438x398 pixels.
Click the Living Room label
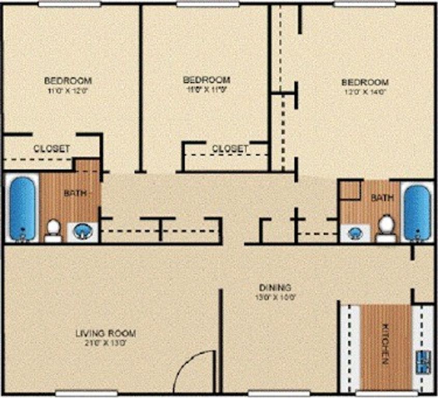(x=106, y=333)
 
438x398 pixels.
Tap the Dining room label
(x=275, y=287)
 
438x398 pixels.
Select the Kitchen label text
(x=385, y=343)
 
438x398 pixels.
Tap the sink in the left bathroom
(x=81, y=231)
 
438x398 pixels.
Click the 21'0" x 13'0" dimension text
(x=106, y=343)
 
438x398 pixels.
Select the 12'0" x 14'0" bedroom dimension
(x=365, y=92)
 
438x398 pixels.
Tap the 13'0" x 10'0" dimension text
(x=275, y=297)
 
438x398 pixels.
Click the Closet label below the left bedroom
(x=52, y=148)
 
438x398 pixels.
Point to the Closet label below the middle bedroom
(x=230, y=148)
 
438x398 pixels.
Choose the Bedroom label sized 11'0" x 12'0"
(x=68, y=80)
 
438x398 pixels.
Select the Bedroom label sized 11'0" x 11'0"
(x=206, y=80)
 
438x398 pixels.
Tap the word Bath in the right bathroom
(x=383, y=197)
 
